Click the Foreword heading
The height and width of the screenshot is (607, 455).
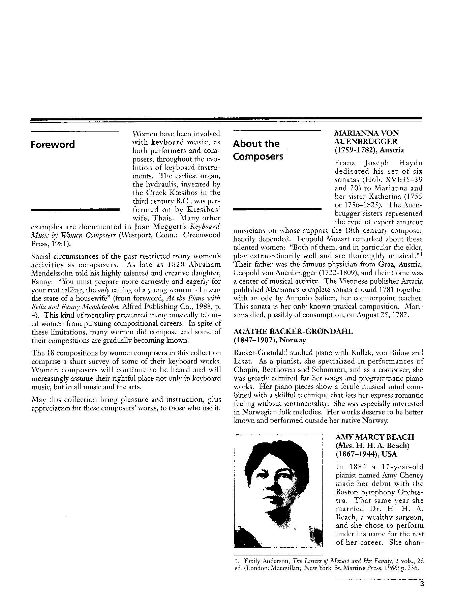(53, 145)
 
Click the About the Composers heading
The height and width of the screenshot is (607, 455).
(258, 150)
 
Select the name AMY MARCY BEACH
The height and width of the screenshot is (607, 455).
(375, 437)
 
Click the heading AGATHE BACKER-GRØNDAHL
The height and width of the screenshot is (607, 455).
(293, 331)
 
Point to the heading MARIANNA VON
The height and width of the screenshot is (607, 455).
(367, 134)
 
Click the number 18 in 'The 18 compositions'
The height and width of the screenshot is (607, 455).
(50, 353)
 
